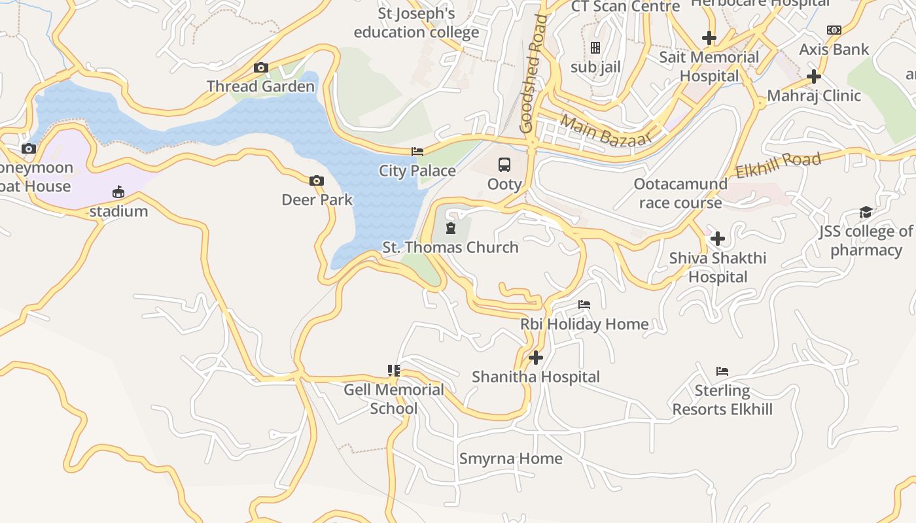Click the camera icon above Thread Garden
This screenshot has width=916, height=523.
click(261, 68)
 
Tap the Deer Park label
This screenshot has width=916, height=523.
click(317, 199)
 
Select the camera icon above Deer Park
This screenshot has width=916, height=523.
click(317, 180)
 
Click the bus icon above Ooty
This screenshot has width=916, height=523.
click(504, 165)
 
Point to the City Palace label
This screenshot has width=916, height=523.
click(417, 171)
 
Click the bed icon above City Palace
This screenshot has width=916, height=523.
click(417, 152)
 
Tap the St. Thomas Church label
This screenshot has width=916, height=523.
click(450, 247)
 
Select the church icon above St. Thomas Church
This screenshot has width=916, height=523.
click(450, 228)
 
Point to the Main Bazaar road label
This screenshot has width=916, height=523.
click(607, 131)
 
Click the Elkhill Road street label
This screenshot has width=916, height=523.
click(778, 165)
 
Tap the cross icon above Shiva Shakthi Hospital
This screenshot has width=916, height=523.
click(718, 239)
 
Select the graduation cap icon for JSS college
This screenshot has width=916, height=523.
click(866, 212)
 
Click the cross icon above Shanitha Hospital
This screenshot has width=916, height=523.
click(536, 358)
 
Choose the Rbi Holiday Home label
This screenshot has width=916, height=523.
click(584, 324)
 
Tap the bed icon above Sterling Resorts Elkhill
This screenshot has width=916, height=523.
click(722, 371)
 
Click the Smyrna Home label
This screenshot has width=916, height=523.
click(510, 458)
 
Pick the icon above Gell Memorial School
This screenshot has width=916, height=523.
click(393, 371)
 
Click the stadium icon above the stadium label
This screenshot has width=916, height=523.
click(118, 192)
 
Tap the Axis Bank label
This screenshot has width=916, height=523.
click(834, 49)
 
